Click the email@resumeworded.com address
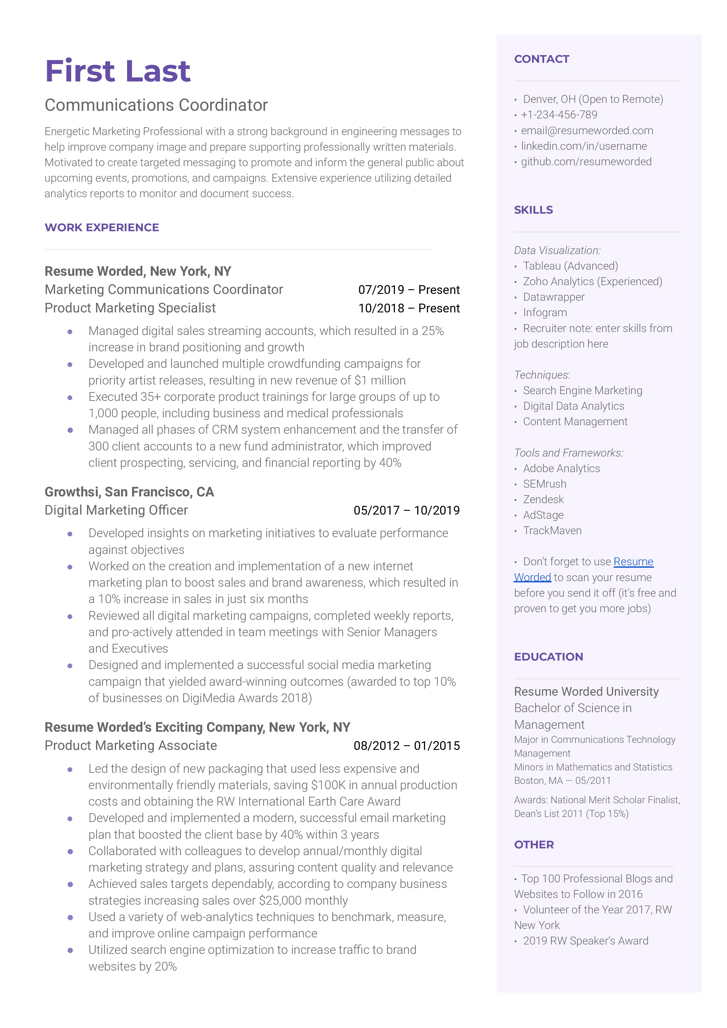586,130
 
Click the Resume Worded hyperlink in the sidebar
633,562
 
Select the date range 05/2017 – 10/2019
406,510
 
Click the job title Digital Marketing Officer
117,510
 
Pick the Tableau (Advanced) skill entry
570,266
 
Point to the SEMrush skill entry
544,484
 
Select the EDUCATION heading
548,657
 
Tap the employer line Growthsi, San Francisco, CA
129,492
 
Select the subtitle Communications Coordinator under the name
156,105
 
